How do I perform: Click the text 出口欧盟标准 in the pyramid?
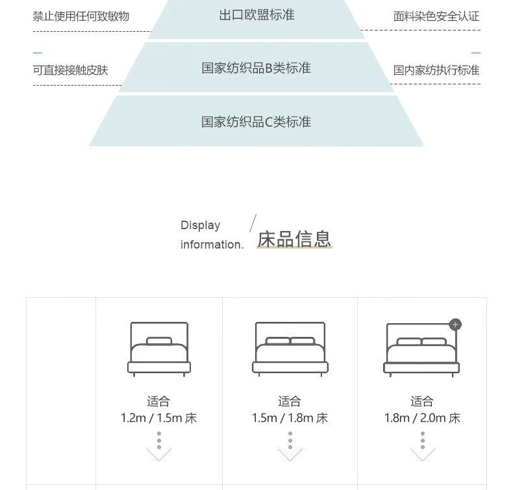coord(256,15)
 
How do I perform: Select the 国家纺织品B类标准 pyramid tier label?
coord(256,68)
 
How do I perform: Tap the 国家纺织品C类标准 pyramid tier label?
coord(256,121)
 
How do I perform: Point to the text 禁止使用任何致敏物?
coord(81,16)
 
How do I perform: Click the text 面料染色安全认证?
coord(436,16)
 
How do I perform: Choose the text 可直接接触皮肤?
coord(71,70)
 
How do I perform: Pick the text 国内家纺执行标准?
coord(436,70)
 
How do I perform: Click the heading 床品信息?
coord(294,239)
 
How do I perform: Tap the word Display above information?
coord(200,225)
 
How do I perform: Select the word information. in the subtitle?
coord(212,245)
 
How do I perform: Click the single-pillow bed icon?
coord(158,349)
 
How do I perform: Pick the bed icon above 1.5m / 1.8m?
coord(290,349)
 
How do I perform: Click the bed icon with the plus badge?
coord(421,349)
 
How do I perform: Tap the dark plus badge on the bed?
coord(455,325)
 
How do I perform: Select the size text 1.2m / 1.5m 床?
coord(158,419)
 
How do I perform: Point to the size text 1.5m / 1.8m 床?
coord(290,419)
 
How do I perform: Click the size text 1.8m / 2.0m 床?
coord(421,419)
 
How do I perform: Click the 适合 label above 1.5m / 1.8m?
coord(290,402)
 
